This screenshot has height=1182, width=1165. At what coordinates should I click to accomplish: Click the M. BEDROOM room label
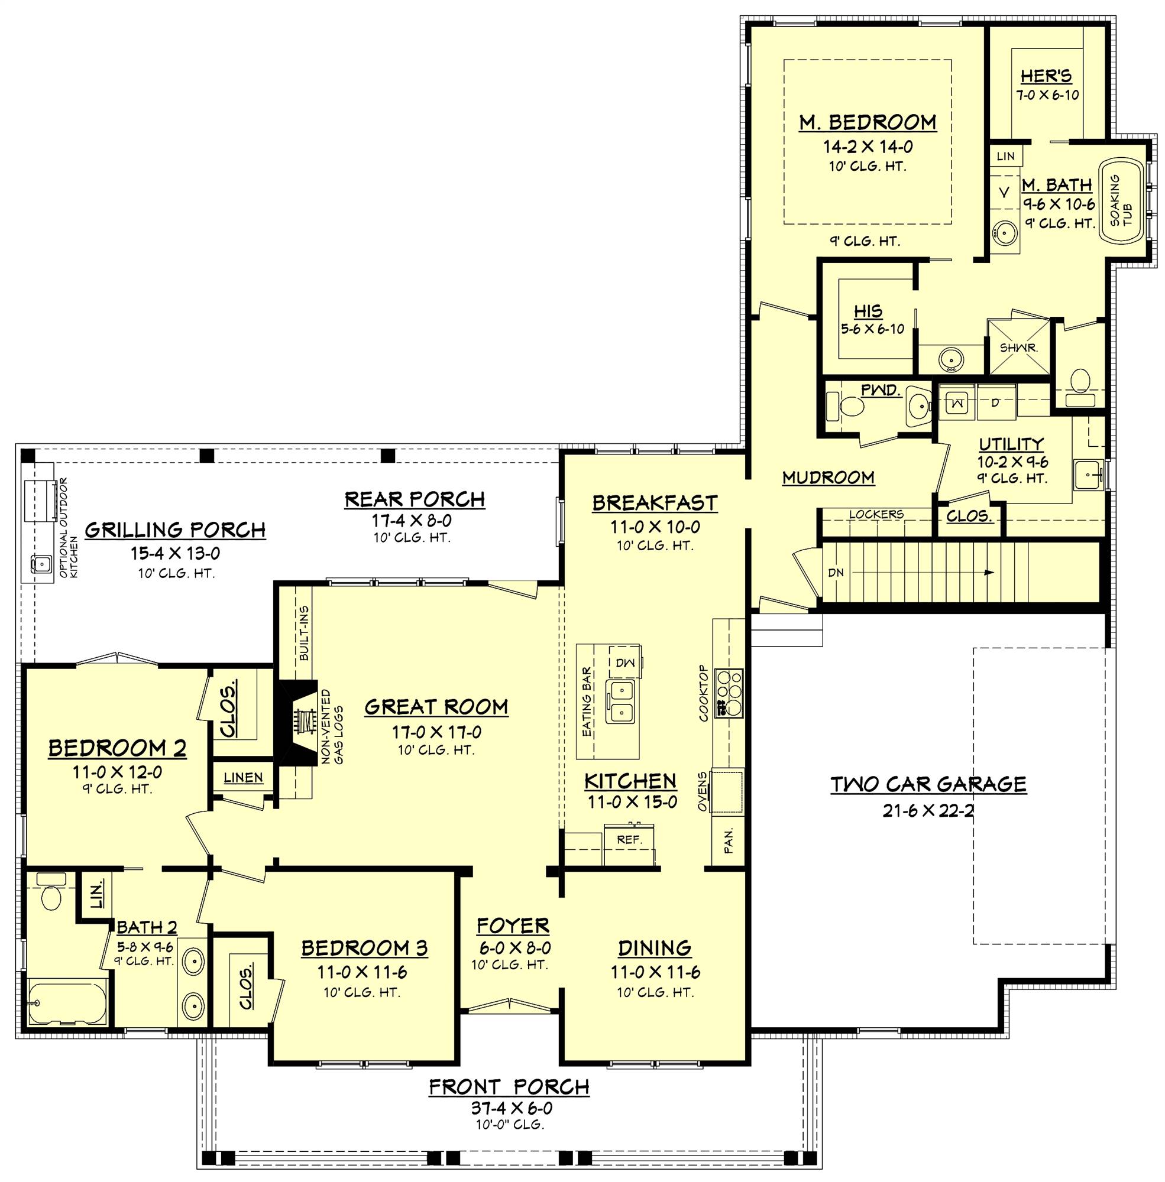click(x=868, y=122)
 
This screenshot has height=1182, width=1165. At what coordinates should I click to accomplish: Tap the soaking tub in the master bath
click(x=1122, y=202)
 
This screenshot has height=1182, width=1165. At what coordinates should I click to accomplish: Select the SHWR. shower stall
click(x=1017, y=347)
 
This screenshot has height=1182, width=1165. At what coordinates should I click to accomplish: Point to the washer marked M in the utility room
click(x=957, y=404)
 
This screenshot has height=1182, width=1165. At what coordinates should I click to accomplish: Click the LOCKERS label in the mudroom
click(x=876, y=515)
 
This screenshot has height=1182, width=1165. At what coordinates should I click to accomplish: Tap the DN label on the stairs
click(x=835, y=573)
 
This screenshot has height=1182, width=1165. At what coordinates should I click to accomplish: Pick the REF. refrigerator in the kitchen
click(x=629, y=841)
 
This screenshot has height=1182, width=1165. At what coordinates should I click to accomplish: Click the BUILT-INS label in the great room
click(x=304, y=634)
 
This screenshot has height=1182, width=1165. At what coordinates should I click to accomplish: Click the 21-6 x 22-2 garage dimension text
click(x=928, y=811)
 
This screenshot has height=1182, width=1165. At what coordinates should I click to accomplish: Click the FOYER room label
click(x=513, y=926)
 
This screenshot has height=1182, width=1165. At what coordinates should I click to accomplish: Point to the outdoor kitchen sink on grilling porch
click(x=41, y=563)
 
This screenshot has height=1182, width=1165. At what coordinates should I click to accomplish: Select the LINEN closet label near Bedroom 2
click(x=243, y=778)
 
